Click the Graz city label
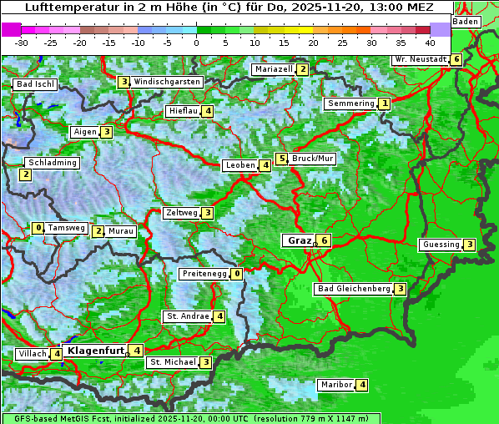299,240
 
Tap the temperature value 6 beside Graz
325,240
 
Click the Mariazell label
273,69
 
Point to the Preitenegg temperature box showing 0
238,273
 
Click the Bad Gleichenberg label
354,289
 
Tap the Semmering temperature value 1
384,103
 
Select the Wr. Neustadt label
420,60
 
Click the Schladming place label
52,163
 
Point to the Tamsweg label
66,228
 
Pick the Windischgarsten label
167,82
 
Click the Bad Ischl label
35,84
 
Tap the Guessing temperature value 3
470,245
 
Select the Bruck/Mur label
313,159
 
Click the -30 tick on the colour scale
22,42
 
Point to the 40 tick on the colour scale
430,42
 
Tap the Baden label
466,21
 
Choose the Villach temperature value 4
57,354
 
